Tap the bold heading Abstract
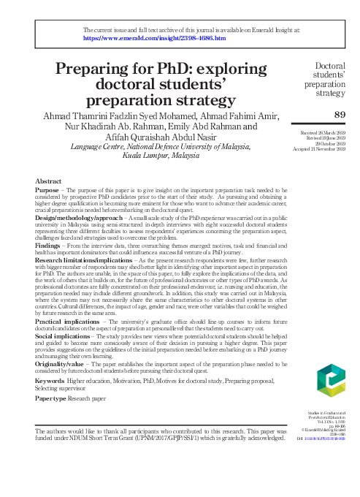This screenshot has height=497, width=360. [49, 179]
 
